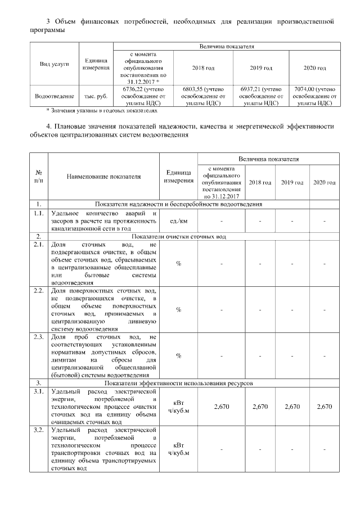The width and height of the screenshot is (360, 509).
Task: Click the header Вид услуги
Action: pos(54,64)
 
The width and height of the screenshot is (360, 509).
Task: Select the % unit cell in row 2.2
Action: pos(178,309)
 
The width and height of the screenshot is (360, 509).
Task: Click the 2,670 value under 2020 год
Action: pos(324,406)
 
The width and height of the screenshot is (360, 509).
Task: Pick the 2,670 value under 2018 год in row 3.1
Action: pos(260,406)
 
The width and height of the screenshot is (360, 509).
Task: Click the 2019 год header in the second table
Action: pos(292,183)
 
